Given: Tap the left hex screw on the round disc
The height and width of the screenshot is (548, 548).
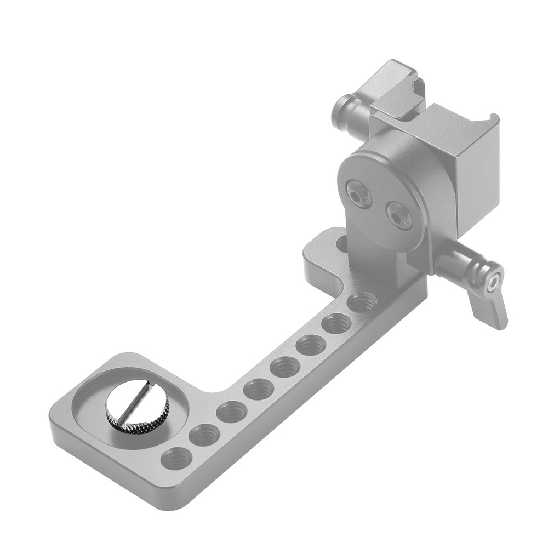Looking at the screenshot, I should pyautogui.click(x=359, y=195).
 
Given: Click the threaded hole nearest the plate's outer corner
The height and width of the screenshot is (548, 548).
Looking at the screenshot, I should pyautogui.click(x=176, y=458).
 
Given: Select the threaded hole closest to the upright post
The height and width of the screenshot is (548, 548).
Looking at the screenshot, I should pyautogui.click(x=362, y=302).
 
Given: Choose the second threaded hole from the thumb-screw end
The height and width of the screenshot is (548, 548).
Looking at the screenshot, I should pyautogui.click(x=204, y=435).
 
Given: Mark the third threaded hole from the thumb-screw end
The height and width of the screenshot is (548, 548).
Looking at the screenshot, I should pyautogui.click(x=231, y=412).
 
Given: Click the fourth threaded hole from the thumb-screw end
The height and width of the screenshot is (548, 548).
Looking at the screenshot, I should pyautogui.click(x=258, y=389).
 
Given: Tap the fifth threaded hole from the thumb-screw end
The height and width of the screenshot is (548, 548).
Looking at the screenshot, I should pyautogui.click(x=285, y=367).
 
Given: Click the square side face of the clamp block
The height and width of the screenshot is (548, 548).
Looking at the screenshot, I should pyautogui.click(x=477, y=175).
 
